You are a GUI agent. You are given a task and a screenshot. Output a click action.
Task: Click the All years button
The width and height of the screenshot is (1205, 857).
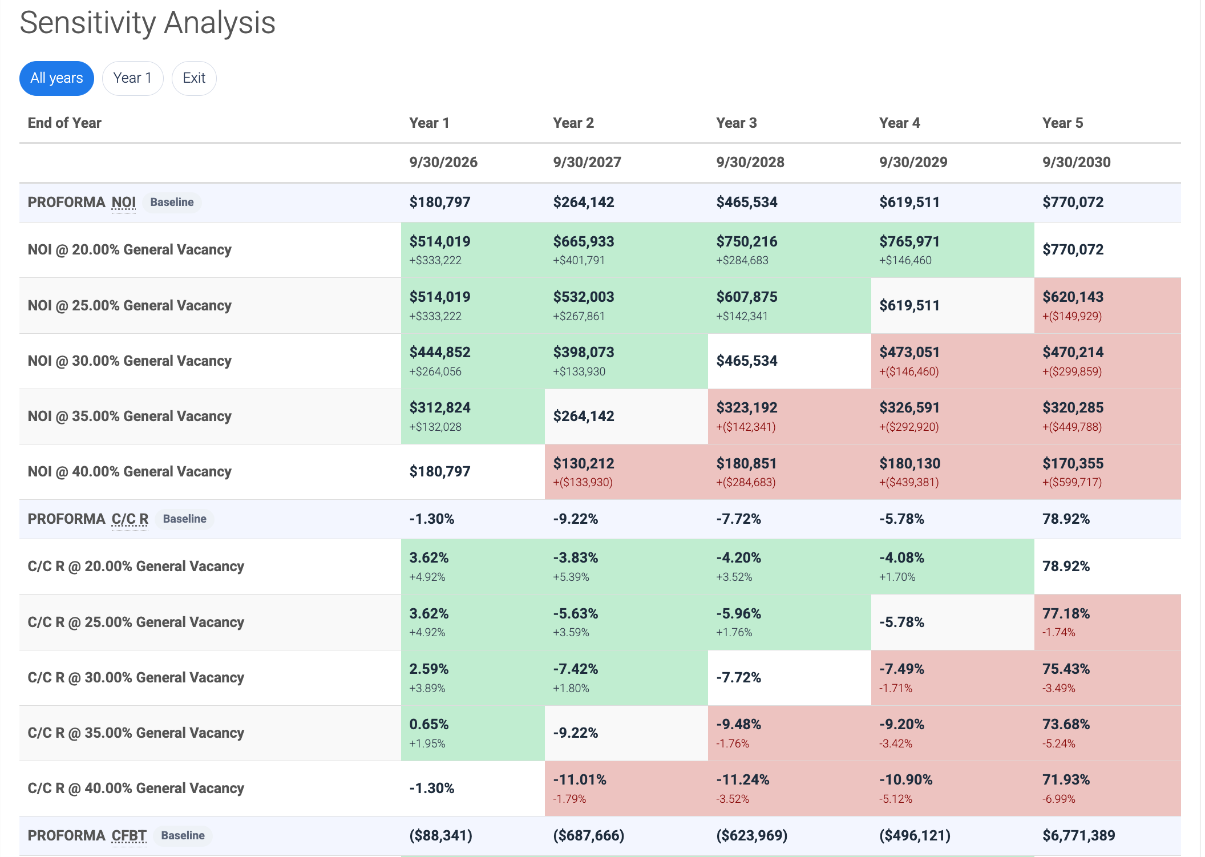click(x=56, y=78)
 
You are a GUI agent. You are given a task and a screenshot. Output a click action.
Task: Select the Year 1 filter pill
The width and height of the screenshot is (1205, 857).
click(x=132, y=78)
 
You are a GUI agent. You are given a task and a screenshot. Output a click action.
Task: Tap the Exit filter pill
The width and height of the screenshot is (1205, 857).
click(x=194, y=78)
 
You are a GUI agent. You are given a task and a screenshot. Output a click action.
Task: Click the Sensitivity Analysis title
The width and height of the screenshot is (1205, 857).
click(x=147, y=23)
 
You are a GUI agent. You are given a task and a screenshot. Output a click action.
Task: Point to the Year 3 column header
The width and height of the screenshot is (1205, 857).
click(x=736, y=123)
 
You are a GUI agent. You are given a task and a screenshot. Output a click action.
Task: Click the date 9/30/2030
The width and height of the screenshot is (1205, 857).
click(x=1076, y=163)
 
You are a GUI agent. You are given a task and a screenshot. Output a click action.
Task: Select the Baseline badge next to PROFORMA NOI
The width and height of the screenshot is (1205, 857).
click(x=172, y=203)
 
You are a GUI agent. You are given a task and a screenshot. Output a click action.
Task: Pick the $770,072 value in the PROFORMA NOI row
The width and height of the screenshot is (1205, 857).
click(x=1073, y=203)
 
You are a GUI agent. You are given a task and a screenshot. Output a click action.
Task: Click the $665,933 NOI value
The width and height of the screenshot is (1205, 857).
click(x=583, y=242)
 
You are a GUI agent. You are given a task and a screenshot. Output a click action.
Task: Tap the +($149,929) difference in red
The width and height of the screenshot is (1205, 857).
click(x=1071, y=316)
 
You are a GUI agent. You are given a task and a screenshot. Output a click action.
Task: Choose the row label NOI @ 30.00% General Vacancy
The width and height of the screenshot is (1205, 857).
click(x=130, y=361)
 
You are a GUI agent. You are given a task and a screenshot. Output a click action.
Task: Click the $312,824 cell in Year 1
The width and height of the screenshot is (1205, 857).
click(x=439, y=408)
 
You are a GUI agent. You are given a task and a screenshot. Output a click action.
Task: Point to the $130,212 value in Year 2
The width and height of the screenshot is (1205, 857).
click(x=583, y=464)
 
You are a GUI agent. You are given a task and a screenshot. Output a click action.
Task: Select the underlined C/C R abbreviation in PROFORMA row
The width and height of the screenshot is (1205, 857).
click(x=130, y=519)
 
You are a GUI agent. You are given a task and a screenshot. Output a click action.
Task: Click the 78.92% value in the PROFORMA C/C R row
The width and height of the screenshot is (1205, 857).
click(x=1066, y=519)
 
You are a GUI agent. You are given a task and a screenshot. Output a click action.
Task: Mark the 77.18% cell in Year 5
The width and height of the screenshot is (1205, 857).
click(x=1066, y=614)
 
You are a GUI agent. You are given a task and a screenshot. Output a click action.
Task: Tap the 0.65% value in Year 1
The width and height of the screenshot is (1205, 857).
click(x=428, y=725)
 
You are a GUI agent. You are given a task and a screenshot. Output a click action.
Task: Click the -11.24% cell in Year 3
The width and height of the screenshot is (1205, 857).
click(x=742, y=780)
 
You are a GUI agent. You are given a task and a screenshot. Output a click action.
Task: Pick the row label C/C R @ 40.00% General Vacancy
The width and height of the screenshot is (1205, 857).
click(x=136, y=789)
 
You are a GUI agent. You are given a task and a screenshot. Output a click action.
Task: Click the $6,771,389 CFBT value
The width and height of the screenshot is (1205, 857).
click(x=1078, y=836)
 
